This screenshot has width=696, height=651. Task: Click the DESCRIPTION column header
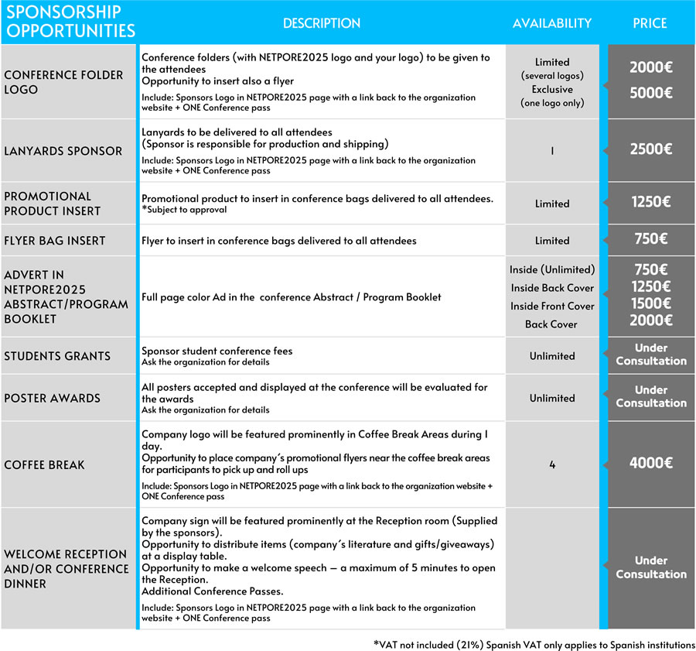[x=322, y=23]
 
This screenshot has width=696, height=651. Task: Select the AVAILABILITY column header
[x=551, y=23]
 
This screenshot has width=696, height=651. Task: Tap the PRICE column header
[x=650, y=23]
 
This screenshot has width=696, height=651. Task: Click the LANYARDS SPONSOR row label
[x=63, y=151]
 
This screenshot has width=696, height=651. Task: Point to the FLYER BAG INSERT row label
[x=55, y=241]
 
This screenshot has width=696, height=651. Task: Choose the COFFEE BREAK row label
[x=44, y=464]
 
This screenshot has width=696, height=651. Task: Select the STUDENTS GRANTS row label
[x=57, y=356]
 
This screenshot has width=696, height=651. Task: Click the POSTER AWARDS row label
[x=52, y=398]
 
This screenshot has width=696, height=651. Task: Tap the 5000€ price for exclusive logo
[x=650, y=93]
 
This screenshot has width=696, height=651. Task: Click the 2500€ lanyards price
[x=650, y=150]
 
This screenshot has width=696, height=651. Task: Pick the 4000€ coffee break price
[x=650, y=464]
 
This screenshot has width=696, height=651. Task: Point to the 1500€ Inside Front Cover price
[x=650, y=303]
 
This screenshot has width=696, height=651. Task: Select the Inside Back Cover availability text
[x=552, y=288]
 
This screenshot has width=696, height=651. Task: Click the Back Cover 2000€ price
[x=650, y=320]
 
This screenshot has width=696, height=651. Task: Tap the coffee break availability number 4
[x=552, y=464]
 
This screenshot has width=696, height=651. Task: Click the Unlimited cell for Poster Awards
[x=552, y=398]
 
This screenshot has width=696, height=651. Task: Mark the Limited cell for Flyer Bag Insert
[x=552, y=241]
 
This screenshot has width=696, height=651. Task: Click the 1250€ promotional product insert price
[x=650, y=202]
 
